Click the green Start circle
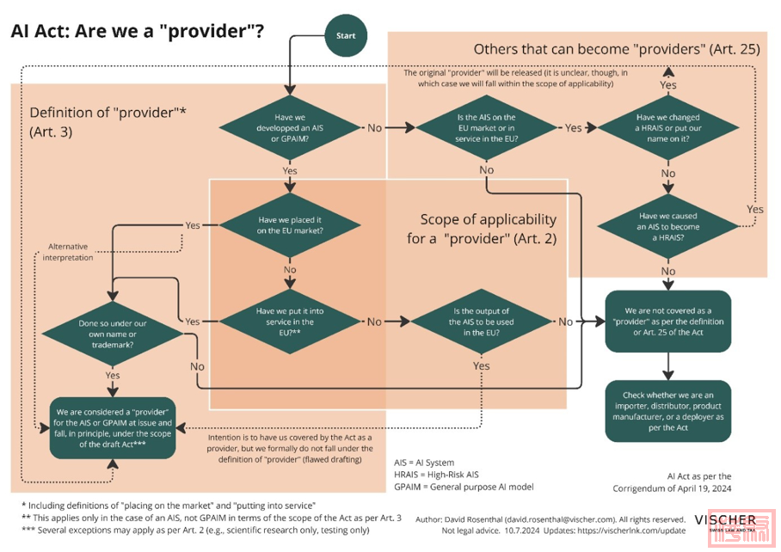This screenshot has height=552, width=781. pyautogui.click(x=345, y=36)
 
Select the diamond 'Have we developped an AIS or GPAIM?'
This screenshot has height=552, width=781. pyautogui.click(x=290, y=128)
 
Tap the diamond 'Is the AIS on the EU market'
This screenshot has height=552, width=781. pyautogui.click(x=486, y=128)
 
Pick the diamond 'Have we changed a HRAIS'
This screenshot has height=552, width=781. pyautogui.click(x=667, y=128)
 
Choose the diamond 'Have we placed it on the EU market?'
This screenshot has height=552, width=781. pyautogui.click(x=290, y=225)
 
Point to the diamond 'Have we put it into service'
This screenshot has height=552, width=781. pyautogui.click(x=290, y=322)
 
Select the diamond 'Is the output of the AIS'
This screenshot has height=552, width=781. pyautogui.click(x=481, y=322)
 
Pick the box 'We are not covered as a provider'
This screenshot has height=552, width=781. pyautogui.click(x=667, y=321)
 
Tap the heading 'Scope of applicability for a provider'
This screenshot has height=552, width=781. pyautogui.click(x=482, y=229)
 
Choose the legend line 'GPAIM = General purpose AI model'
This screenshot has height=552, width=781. pyautogui.click(x=463, y=487)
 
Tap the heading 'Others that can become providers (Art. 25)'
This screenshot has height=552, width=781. pyautogui.click(x=616, y=49)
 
